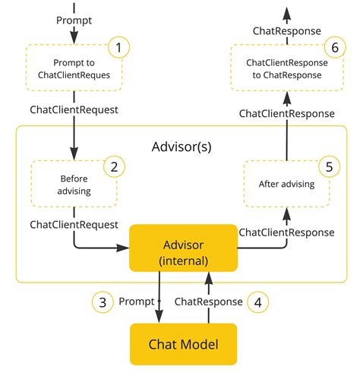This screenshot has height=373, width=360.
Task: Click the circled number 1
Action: [x=118, y=49]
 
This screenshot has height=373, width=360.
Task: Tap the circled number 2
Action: [x=113, y=166]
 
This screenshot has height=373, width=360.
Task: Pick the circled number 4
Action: [x=258, y=302]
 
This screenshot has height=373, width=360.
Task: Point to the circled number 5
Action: [x=328, y=166]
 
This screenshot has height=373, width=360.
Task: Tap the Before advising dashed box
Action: [x=74, y=185]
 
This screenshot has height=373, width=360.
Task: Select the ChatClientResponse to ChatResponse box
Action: [x=286, y=67]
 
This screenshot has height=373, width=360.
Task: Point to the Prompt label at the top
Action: [x=75, y=20]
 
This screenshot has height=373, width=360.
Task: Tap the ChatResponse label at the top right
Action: [x=286, y=30]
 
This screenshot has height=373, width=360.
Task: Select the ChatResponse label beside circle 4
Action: [x=209, y=302]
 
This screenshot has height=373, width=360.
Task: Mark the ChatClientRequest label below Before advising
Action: [x=74, y=224]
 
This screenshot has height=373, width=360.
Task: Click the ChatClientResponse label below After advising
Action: [x=286, y=231]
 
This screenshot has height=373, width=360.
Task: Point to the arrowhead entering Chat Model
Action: [x=159, y=318]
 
